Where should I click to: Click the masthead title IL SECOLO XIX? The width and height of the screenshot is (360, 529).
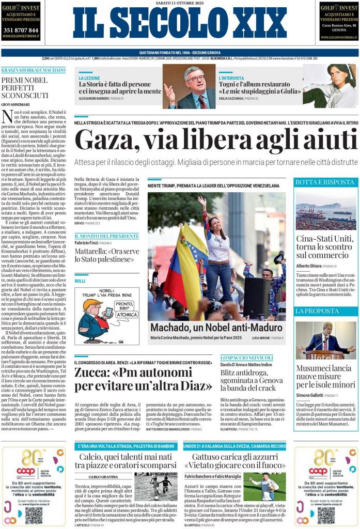click(180, 23)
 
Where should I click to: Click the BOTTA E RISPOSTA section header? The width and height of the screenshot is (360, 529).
click(324, 182)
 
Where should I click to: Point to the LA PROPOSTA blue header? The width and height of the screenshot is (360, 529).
click(317, 311)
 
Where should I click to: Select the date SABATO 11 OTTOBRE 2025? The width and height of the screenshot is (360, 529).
click(180, 3)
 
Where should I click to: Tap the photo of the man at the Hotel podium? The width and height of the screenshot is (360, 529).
click(325, 341)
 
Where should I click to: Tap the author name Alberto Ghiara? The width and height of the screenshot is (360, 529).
click(312, 266)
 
